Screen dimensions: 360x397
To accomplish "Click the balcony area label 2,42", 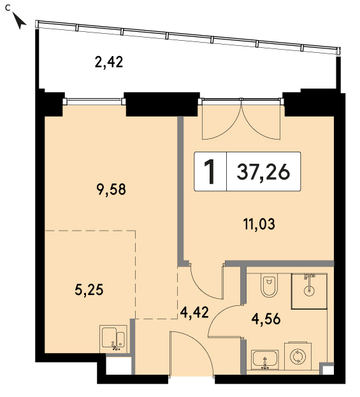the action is (109, 62).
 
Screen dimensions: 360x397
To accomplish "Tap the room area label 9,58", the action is (112, 189).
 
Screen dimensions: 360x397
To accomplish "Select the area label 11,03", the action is (259, 224).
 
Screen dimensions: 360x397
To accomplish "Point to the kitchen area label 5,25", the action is (89, 290).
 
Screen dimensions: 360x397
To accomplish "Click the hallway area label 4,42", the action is (194, 312).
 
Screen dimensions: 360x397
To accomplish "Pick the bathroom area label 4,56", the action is (266, 319).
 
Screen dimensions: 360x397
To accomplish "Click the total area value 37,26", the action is (263, 172).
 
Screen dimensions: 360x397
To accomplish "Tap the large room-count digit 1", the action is (210, 171).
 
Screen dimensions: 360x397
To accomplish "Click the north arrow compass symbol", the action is (20, 21).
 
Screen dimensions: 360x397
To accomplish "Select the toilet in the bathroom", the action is (269, 285).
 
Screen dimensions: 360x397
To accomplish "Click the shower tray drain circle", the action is (309, 291).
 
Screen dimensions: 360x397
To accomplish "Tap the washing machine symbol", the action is (298, 356).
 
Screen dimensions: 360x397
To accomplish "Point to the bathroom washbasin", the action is (265, 360).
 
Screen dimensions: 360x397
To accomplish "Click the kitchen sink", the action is (113, 339).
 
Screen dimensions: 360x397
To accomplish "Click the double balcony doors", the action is (241, 119).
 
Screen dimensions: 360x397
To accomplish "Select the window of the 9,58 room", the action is (94, 101).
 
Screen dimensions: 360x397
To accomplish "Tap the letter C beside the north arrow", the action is (8, 8).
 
